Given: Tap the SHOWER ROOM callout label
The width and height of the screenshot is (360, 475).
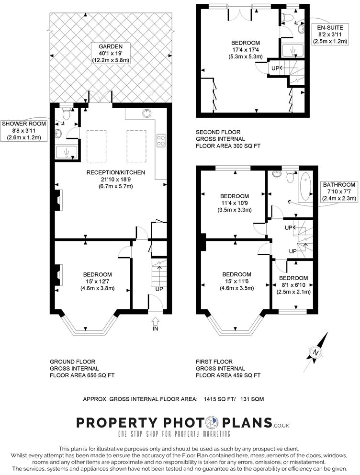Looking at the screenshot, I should pos(24,130).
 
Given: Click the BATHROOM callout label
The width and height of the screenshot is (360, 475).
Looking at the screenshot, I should pos(339,192).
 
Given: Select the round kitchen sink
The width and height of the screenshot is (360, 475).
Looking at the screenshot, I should pos(146,113).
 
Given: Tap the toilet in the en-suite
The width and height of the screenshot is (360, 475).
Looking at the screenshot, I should pos(288,17).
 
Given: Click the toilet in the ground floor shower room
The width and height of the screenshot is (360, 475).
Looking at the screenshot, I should pos(66,114).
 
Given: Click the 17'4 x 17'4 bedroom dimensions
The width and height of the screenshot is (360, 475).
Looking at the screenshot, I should pos(246,49).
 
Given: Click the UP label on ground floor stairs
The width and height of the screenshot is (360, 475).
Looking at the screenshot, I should pos(159,289).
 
